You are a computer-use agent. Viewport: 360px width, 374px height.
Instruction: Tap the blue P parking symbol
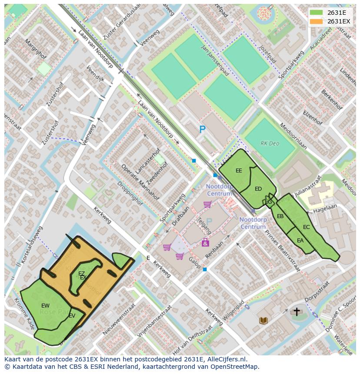pos(202,129)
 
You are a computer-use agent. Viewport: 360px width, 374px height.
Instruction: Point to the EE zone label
pos(239,171)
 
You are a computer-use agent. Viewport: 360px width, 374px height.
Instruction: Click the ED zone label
pos(258,189)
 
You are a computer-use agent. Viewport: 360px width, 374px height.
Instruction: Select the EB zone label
pos(280,216)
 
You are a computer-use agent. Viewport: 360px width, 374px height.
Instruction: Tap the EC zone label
pos(307,227)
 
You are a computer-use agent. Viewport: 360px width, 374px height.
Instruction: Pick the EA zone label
pos(300,241)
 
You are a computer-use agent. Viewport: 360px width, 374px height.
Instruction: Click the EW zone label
pos(45,306)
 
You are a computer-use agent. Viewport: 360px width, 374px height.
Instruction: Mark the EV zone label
pos(72,316)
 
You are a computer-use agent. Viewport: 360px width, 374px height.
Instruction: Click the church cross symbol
pos(297,311)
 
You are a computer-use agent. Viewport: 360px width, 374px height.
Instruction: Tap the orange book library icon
pos(263,321)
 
